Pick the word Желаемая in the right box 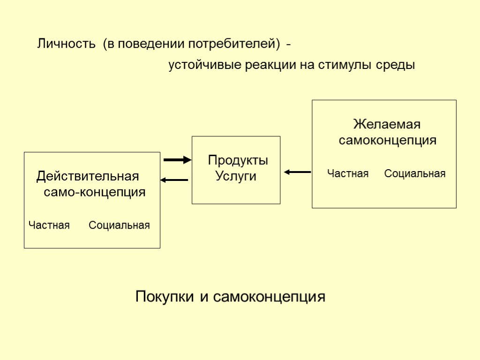click(x=387, y=125)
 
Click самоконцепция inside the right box click(x=388, y=140)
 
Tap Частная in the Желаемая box click(x=348, y=174)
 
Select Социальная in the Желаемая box click(x=415, y=174)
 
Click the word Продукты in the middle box click(x=238, y=160)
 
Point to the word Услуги click(x=235, y=176)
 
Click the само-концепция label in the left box click(x=94, y=192)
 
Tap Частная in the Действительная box click(x=49, y=225)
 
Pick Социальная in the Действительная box click(x=120, y=225)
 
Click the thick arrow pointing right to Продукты click(x=177, y=160)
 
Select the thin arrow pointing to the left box click(x=174, y=180)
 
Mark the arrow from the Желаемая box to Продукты click(x=297, y=172)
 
